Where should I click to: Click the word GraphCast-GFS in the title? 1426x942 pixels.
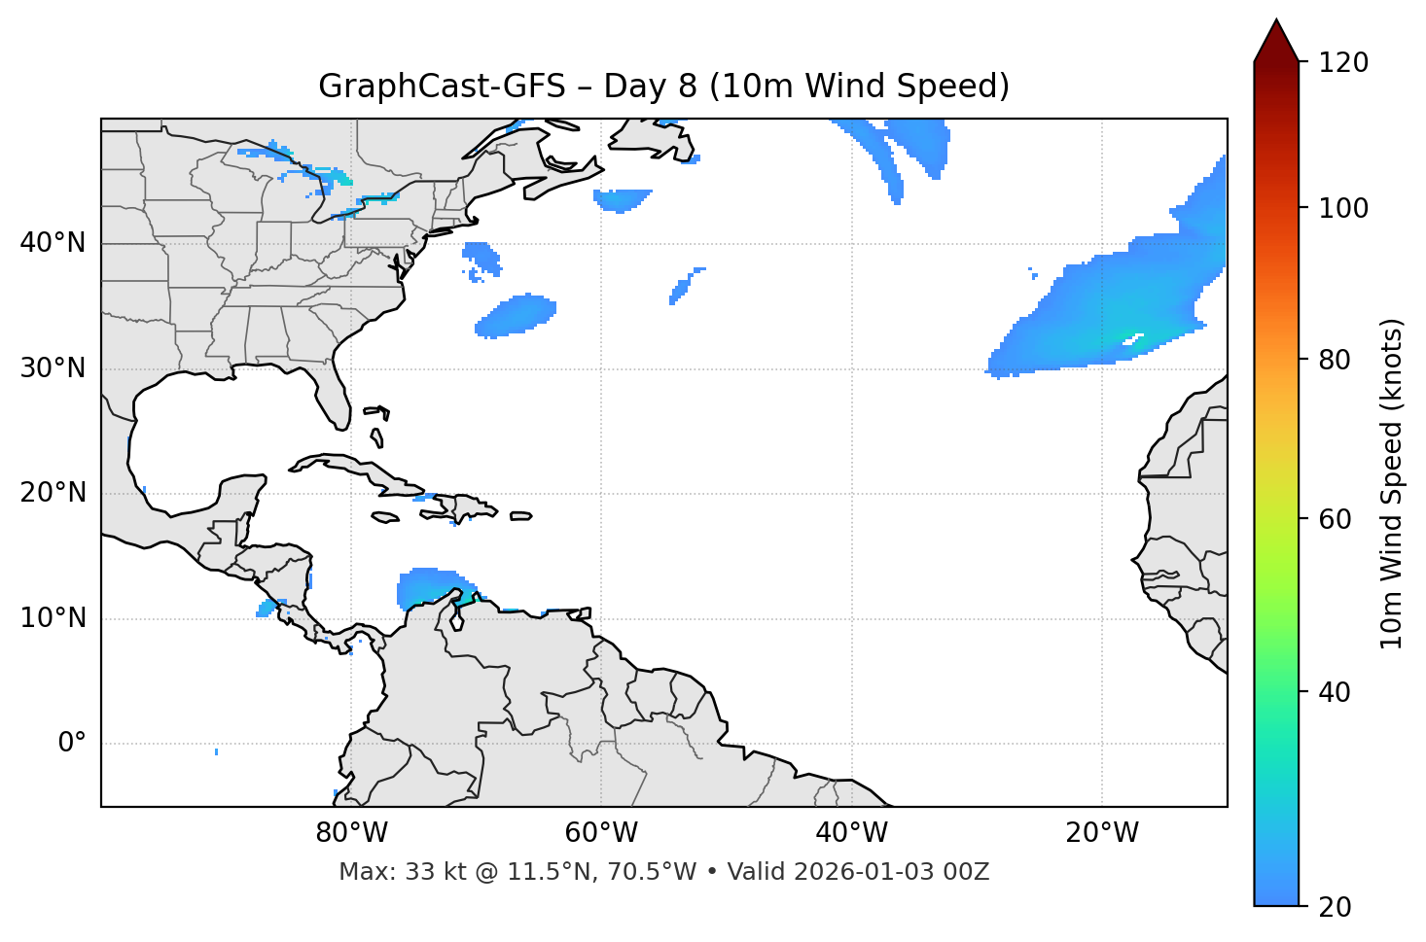[442, 87]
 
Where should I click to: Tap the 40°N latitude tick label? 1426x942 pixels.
[53, 243]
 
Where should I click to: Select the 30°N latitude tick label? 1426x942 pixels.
[53, 368]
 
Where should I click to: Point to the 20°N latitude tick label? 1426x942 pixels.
[53, 493]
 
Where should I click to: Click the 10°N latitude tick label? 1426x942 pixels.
[53, 618]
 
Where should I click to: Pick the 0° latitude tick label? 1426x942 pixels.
[71, 744]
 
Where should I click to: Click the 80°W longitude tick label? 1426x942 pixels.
[351, 833]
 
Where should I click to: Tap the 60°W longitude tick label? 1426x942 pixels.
[601, 833]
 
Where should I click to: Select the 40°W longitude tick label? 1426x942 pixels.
[851, 833]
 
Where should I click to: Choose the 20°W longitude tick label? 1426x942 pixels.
[1101, 833]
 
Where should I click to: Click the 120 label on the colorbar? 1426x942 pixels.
[1342, 62]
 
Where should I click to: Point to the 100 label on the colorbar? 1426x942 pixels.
[1342, 208]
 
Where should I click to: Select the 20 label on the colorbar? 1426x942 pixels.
[1335, 907]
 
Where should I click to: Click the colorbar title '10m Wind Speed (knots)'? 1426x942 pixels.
[1392, 484]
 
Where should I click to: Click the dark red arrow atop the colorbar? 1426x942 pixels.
[1276, 42]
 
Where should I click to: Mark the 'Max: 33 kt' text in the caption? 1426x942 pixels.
[385, 872]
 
